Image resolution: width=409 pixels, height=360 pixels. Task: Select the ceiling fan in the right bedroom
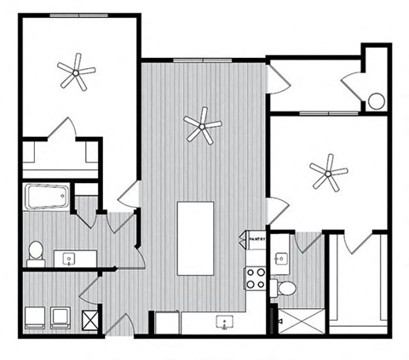pyautogui.click(x=328, y=174)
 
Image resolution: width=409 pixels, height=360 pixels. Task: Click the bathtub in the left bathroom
pyautogui.click(x=46, y=198)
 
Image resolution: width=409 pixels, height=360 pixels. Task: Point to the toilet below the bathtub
pyautogui.click(x=36, y=251)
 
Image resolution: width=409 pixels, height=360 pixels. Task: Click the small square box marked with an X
pyautogui.click(x=89, y=319)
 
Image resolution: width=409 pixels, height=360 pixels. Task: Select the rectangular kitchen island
pyautogui.click(x=195, y=238)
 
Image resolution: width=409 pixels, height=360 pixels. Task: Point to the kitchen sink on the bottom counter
pyautogui.click(x=223, y=323)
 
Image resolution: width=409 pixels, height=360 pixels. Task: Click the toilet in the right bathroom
pyautogui.click(x=286, y=288)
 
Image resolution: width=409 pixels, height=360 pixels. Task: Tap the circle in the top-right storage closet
pyautogui.click(x=376, y=102)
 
